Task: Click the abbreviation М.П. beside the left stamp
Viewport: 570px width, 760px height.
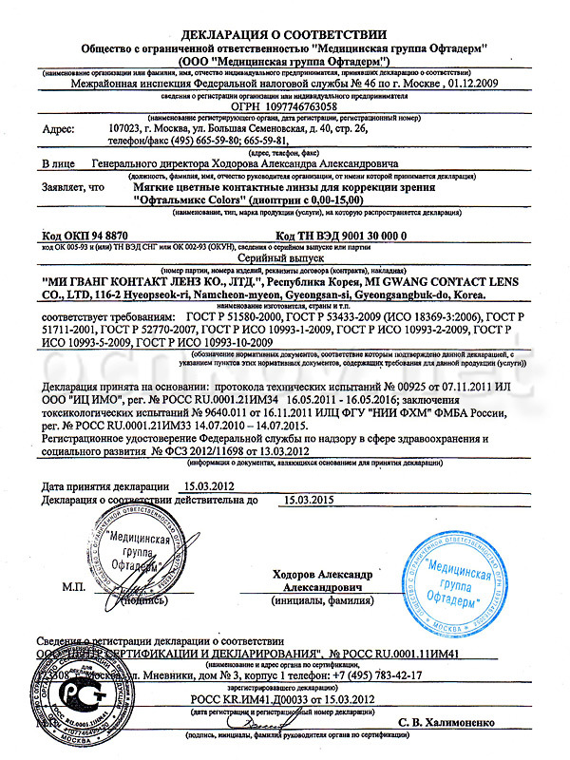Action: [74, 588]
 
